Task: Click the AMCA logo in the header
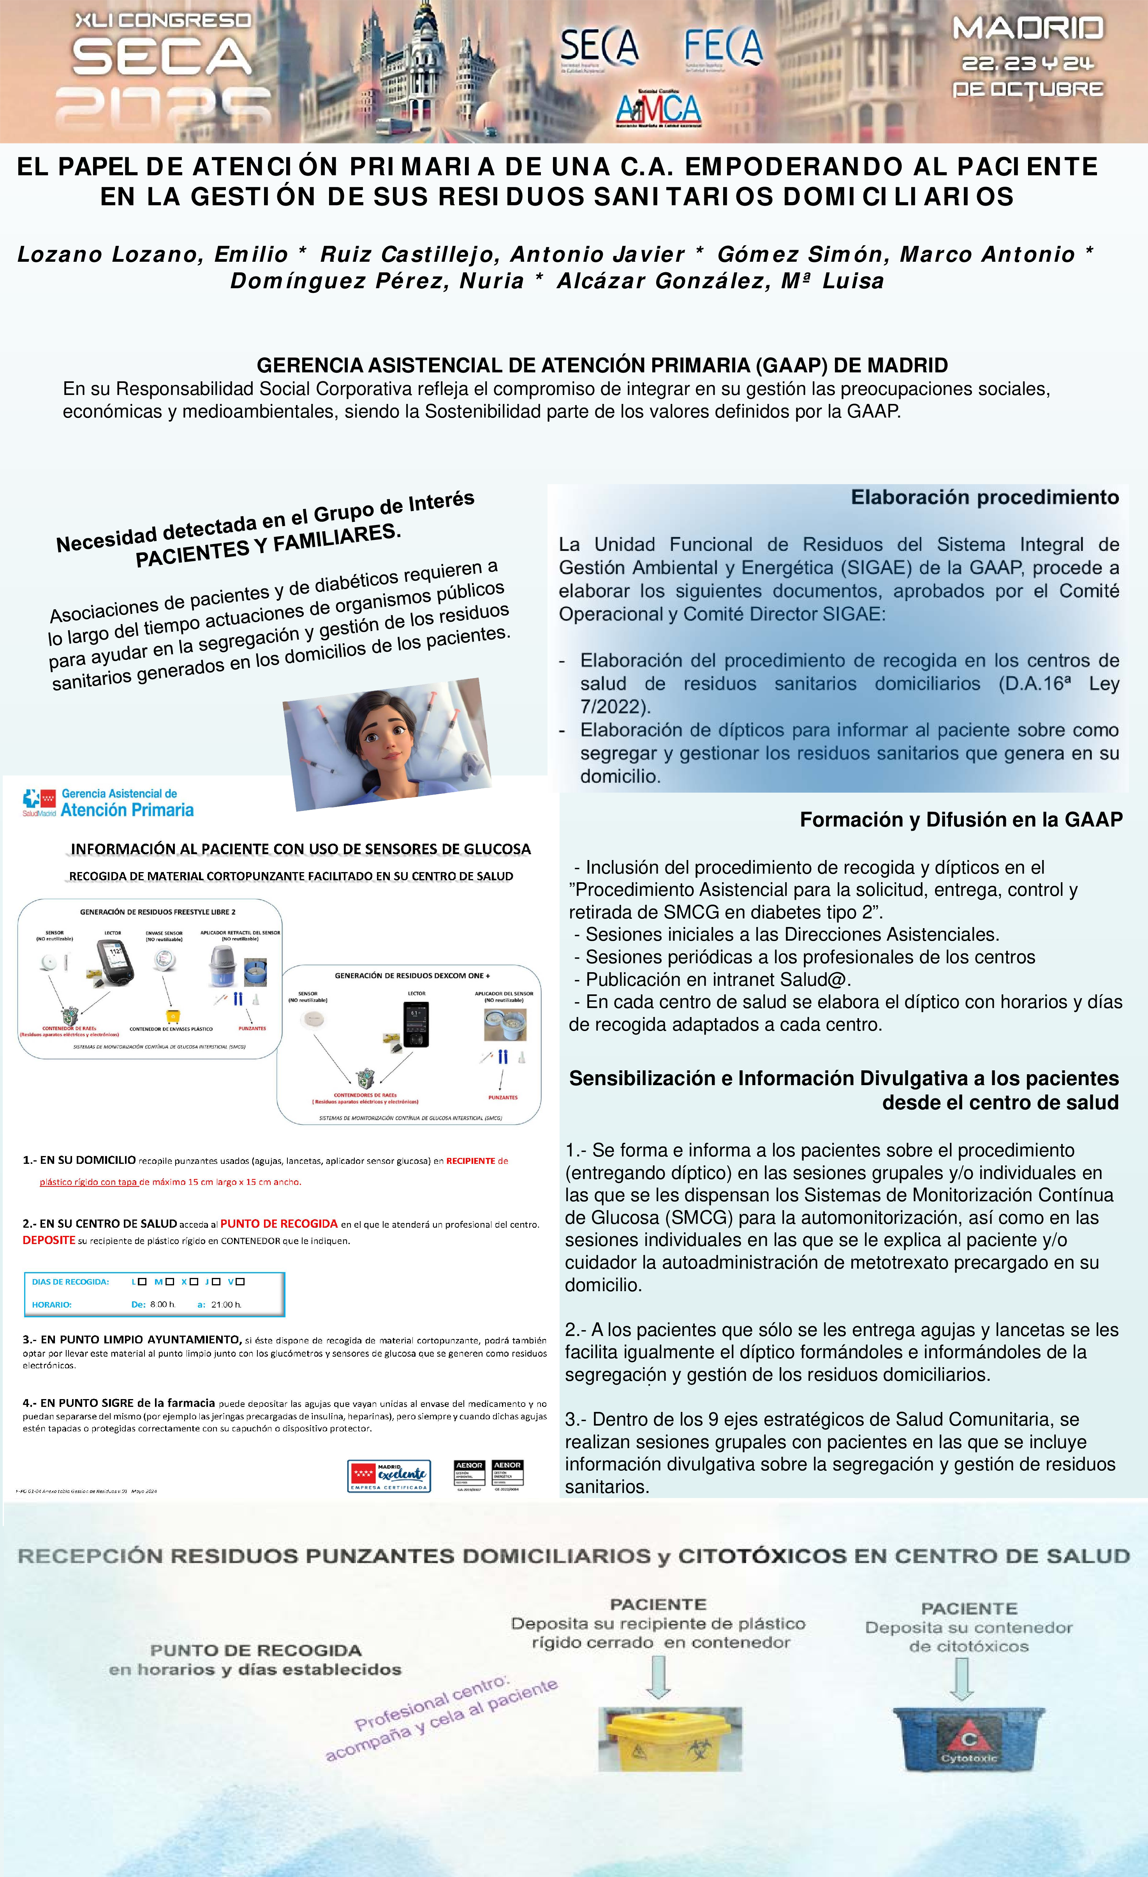pyautogui.click(x=658, y=109)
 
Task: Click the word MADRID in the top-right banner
pyautogui.click(x=1028, y=29)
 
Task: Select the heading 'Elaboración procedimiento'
pyautogui.click(x=984, y=497)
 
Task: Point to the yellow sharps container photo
pyautogui.click(x=670, y=1738)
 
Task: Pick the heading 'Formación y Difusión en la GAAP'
pyautogui.click(x=961, y=820)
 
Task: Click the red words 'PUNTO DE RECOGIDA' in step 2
pyautogui.click(x=279, y=1223)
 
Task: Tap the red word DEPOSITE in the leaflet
pyautogui.click(x=49, y=1240)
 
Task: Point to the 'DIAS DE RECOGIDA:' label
pyautogui.click(x=70, y=1281)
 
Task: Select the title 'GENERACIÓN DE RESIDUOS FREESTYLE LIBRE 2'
pyautogui.click(x=158, y=912)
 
